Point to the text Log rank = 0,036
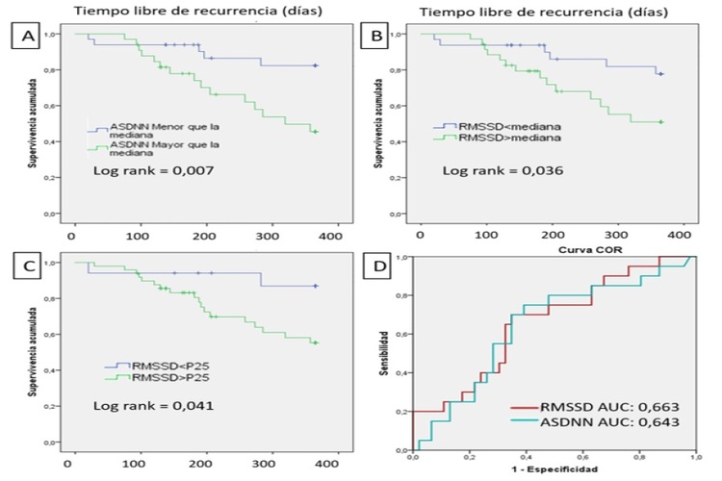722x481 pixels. pos(498,171)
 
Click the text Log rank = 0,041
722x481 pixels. pos(154,405)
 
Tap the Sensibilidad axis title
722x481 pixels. pos(383,352)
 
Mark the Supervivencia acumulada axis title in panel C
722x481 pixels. pos(33,355)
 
